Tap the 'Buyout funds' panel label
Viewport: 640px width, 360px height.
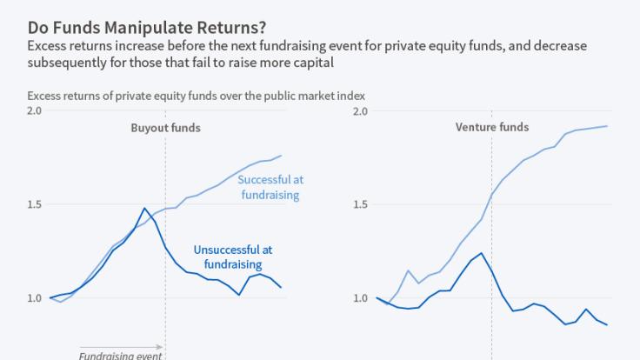coord(165,128)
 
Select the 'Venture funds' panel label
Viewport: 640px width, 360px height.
coord(491,128)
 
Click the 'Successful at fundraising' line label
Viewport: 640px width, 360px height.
coord(270,187)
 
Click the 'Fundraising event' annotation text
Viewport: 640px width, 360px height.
coord(121,355)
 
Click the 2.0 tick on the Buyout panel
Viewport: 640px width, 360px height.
coord(34,111)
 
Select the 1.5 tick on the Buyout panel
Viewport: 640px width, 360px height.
coord(34,205)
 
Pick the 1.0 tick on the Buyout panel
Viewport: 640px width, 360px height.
coord(34,298)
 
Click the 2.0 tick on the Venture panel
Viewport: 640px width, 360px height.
coord(360,111)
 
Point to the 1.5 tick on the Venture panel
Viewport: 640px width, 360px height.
coord(360,205)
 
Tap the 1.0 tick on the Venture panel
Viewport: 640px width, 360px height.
coord(360,298)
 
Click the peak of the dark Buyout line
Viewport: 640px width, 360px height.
coord(144,208)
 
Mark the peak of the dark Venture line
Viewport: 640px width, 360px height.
coord(481,253)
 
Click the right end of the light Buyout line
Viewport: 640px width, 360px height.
coord(282,156)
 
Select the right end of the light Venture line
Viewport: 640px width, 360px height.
coord(607,126)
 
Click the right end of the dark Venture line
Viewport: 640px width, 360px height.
coord(607,324)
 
